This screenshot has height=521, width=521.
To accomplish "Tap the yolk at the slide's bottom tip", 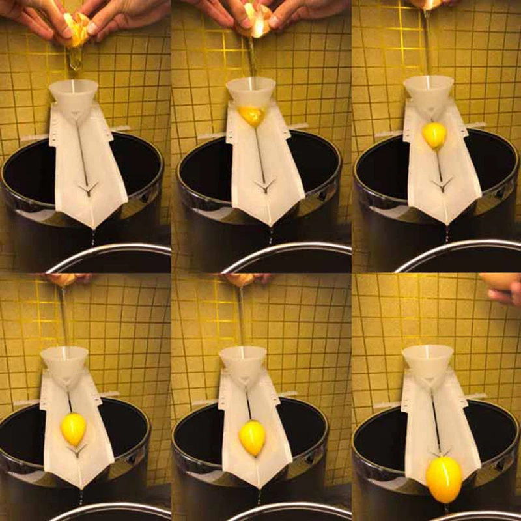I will [444, 479].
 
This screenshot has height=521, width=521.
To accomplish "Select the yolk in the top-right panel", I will [434, 135].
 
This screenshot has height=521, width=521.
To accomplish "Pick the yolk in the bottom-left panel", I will [73, 429].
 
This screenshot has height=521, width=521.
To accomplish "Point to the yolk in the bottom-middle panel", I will [252, 437].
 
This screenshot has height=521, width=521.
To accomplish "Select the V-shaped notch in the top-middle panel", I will [264, 186].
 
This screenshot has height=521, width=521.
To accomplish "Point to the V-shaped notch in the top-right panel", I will [442, 185].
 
